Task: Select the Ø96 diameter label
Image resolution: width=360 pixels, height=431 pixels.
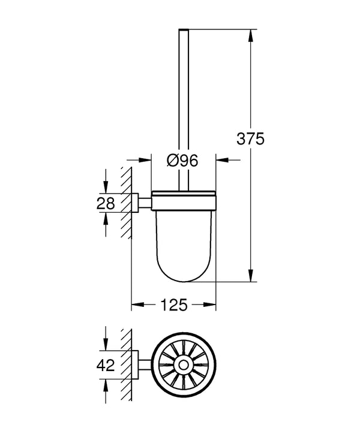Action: click(182, 160)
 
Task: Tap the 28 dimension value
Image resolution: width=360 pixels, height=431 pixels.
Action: click(106, 203)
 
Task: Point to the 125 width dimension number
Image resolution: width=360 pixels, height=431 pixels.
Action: click(173, 305)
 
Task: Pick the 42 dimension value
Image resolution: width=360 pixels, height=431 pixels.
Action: click(106, 364)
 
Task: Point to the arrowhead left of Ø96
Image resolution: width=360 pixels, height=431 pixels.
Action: click(144, 160)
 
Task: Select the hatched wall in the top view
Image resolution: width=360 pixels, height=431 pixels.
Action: click(126, 364)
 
